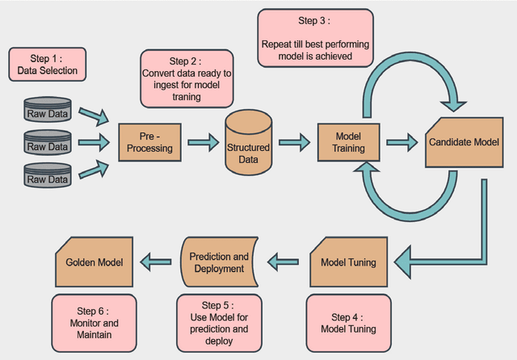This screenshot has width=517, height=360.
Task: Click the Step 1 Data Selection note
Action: (47, 65)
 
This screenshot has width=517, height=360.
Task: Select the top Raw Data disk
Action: (48, 113)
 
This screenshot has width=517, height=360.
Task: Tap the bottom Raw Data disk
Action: (48, 178)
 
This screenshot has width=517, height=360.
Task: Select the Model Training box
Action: (350, 143)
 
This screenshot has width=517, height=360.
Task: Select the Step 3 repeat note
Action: (316, 38)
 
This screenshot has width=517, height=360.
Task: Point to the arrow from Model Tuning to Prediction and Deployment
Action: (284, 261)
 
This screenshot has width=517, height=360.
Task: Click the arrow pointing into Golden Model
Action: (157, 261)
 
